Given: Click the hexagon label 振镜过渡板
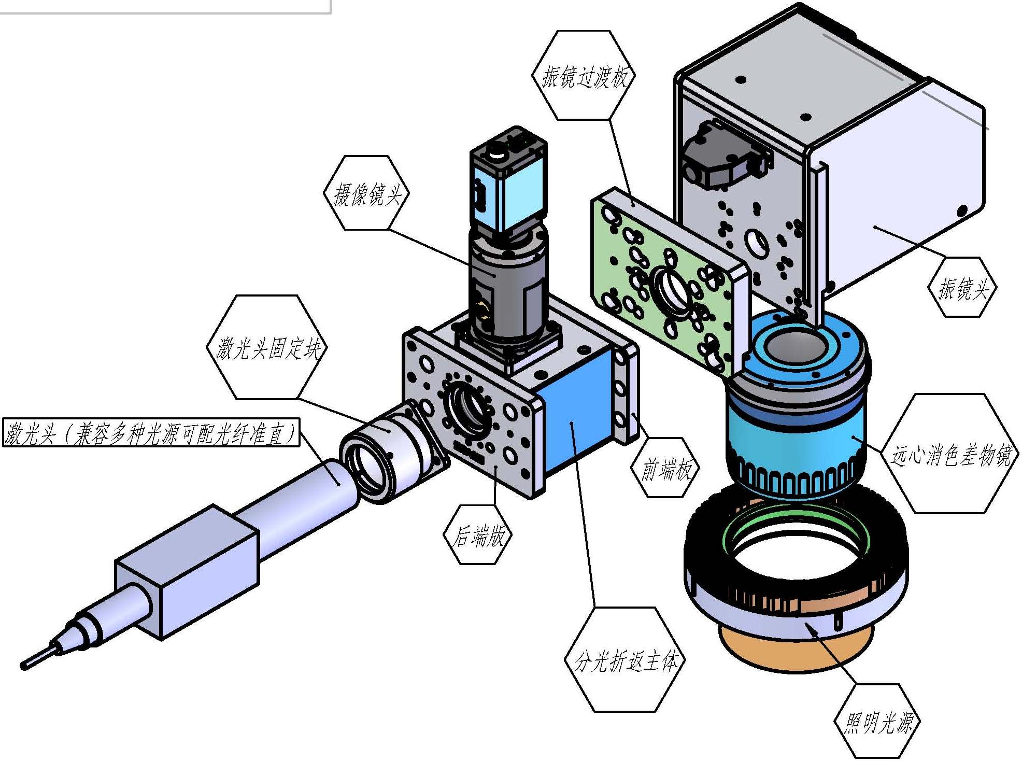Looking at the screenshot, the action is [x=584, y=75].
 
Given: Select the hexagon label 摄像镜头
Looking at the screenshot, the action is [x=366, y=193].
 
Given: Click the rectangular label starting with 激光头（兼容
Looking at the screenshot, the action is [x=151, y=432].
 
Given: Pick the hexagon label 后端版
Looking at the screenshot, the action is [x=478, y=534].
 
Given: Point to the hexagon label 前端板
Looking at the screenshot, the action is [x=665, y=468].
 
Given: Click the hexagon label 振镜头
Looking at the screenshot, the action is [x=962, y=287].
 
